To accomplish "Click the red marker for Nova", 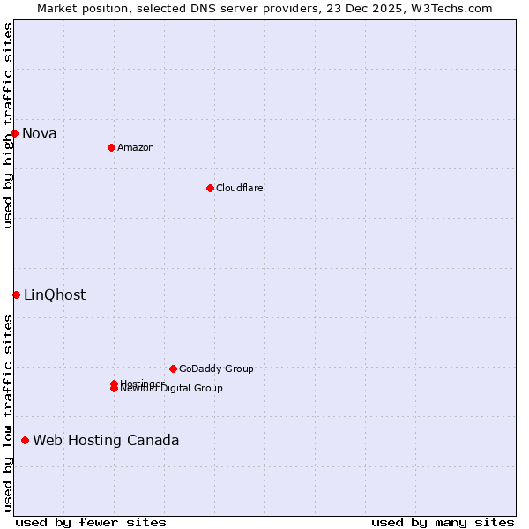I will coord(15,133).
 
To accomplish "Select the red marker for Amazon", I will coord(111,147).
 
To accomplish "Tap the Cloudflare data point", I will coord(210,188).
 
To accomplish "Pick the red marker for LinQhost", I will coord(16,294).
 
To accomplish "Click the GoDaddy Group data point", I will coord(173,369).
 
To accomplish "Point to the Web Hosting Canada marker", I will coord(25,440).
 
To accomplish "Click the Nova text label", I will coord(40,134).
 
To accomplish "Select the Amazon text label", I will coord(136,147).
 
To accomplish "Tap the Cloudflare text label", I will coord(240,188).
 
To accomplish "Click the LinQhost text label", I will coord(55,295).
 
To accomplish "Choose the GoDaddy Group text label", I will coord(216,369).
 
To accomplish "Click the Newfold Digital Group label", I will coord(172,389).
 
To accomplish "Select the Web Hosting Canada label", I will coord(106,441).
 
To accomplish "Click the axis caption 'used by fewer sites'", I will coord(91,522).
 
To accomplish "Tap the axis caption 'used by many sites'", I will coord(443,522).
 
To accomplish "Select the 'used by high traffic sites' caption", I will coord(9,125).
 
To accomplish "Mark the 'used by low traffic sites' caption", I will coord(9,413).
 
